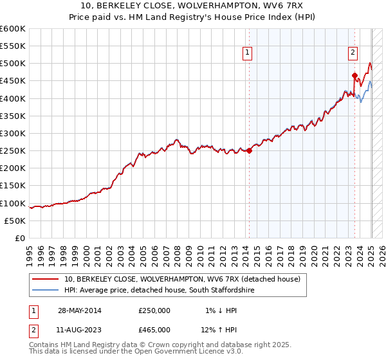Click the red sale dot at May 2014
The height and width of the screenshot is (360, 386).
249,151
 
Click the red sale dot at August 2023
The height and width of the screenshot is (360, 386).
354,75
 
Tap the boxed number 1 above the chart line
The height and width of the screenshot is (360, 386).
248,53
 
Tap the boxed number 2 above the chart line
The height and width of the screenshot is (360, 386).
353,53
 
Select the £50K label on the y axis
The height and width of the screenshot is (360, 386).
15,221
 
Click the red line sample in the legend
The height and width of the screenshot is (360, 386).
46,280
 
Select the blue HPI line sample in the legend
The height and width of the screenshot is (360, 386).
46,291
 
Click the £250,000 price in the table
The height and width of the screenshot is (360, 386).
154,310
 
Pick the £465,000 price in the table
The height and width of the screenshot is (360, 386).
154,330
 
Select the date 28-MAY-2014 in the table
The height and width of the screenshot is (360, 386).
80,310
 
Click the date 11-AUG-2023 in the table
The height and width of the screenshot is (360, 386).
80,330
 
